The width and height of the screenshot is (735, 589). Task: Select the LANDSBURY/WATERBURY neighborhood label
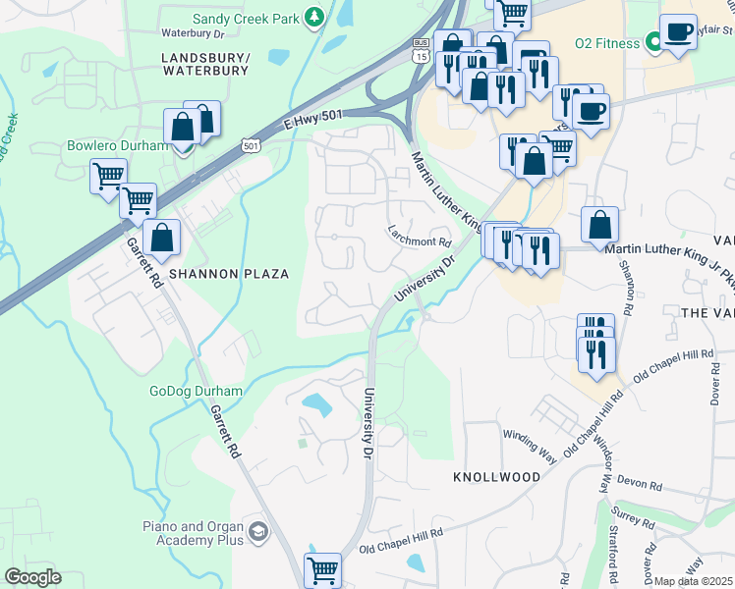[205, 64]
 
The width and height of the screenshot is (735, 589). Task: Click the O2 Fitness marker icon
[652, 42]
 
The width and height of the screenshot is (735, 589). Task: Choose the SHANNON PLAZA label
[228, 274]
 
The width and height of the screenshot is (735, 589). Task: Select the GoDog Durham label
[196, 391]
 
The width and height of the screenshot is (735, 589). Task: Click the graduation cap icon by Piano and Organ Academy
[257, 532]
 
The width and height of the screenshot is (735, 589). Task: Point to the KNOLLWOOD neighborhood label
[496, 476]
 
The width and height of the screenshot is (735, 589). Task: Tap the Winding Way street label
[529, 433]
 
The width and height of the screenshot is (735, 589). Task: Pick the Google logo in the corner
[31, 576]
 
